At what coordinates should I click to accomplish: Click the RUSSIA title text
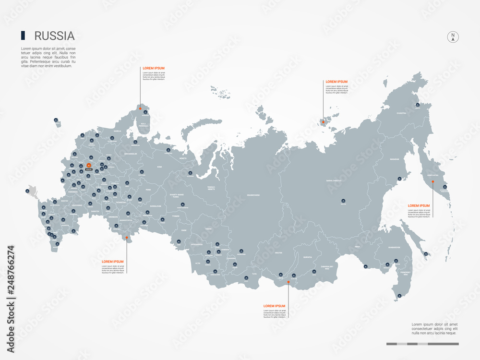point(54,36)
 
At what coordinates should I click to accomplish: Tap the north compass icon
point(453,36)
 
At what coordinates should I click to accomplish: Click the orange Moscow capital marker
point(88,166)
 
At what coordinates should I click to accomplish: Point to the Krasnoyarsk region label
point(253,195)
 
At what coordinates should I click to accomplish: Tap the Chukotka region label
point(401,113)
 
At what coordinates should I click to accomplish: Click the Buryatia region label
point(307,257)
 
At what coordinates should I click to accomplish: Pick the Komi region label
point(160,167)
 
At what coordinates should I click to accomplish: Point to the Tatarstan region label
point(120,202)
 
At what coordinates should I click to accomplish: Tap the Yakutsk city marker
point(343,201)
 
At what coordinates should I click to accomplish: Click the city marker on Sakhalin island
point(425,254)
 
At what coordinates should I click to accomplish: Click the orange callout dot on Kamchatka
point(432,182)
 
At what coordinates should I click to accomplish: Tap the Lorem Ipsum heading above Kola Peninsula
point(154,68)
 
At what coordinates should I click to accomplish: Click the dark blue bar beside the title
point(23,36)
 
